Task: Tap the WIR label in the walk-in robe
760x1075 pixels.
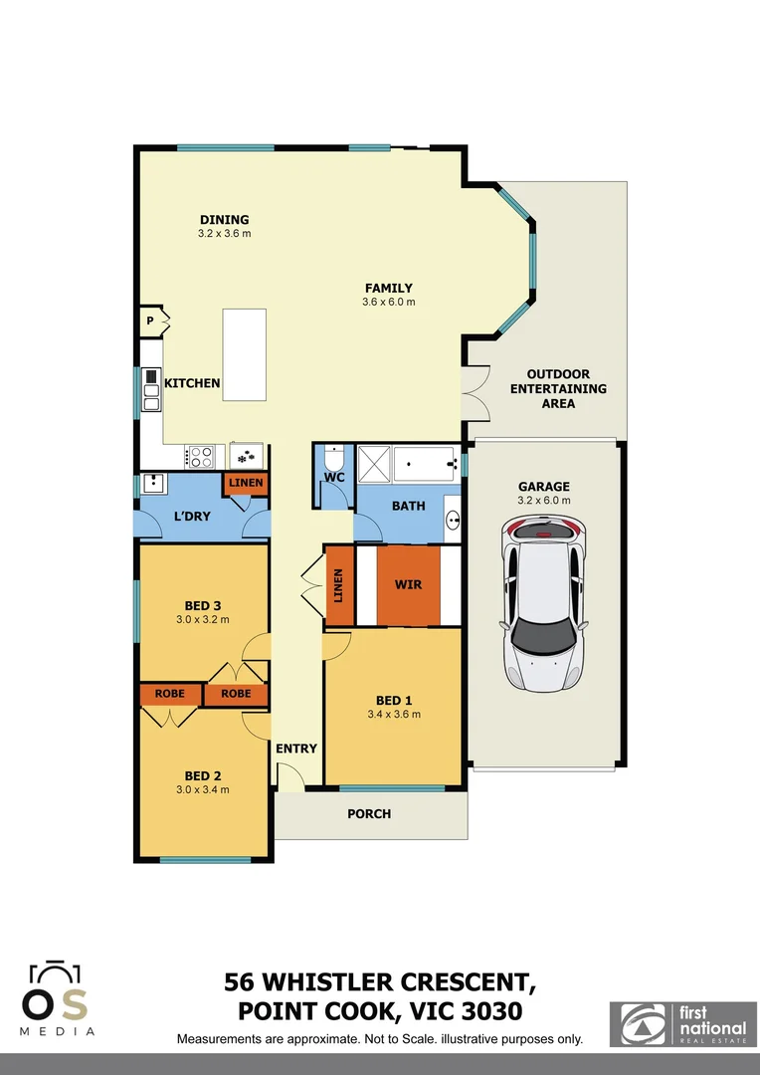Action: [408, 584]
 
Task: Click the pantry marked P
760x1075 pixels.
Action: [150, 322]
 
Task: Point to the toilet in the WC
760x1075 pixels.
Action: [333, 460]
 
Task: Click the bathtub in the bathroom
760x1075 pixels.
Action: [426, 463]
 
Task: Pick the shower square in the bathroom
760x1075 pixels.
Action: [374, 463]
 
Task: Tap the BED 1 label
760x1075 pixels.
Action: [394, 699]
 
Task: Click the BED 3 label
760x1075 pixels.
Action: [203, 604]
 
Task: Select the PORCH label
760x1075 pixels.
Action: [369, 814]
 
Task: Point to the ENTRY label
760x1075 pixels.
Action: [296, 749]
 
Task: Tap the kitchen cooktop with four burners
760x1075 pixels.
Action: [201, 457]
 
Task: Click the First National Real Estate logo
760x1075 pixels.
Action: [682, 1024]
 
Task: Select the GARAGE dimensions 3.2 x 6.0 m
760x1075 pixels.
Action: [544, 501]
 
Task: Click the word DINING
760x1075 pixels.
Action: [224, 220]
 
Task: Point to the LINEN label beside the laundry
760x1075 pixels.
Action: [246, 484]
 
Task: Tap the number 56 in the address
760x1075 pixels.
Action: [245, 983]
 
